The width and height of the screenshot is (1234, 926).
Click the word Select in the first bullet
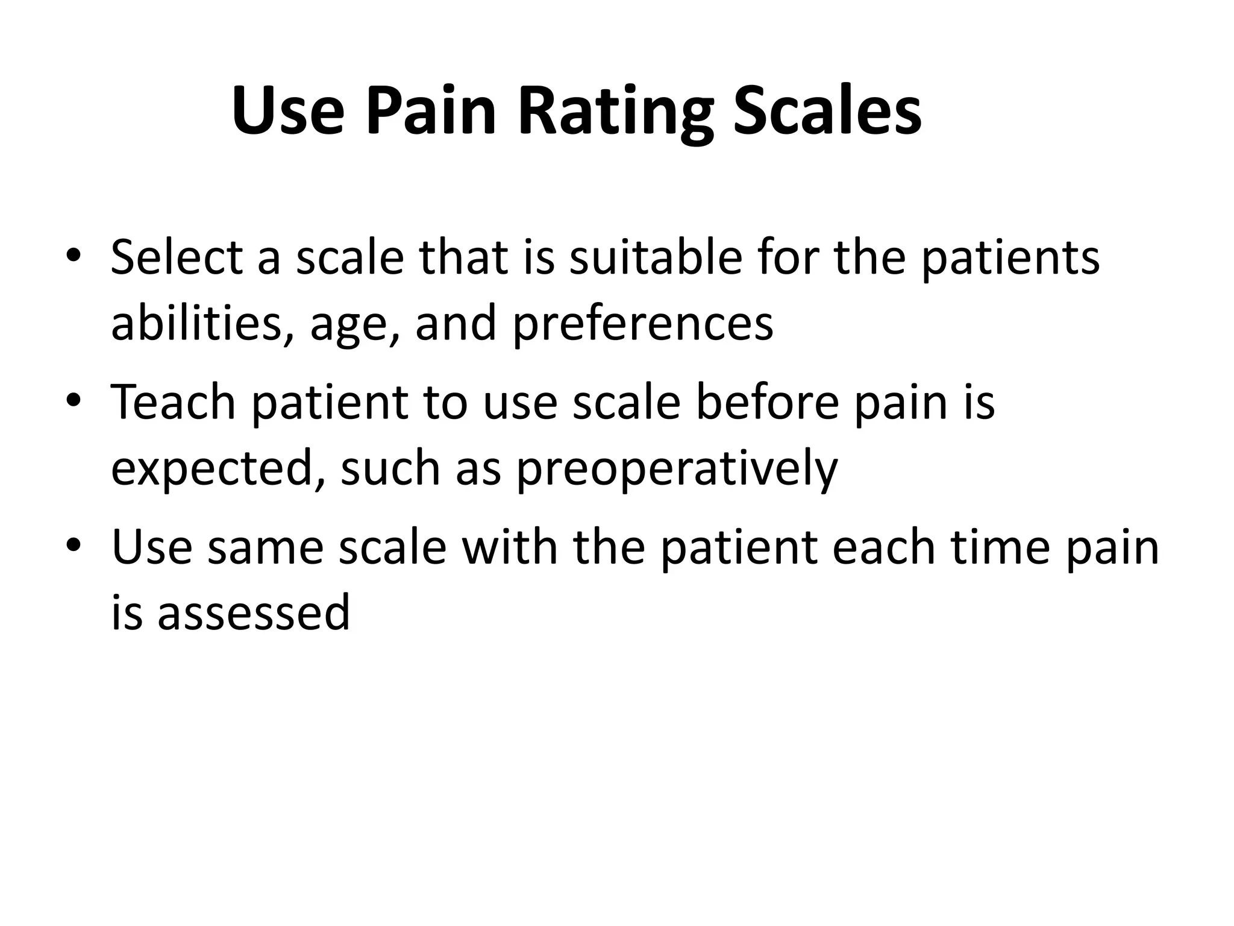176,257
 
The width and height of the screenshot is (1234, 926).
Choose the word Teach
174,402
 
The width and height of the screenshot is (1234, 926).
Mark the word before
767,402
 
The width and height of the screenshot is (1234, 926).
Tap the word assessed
253,613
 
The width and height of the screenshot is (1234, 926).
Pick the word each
880,547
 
